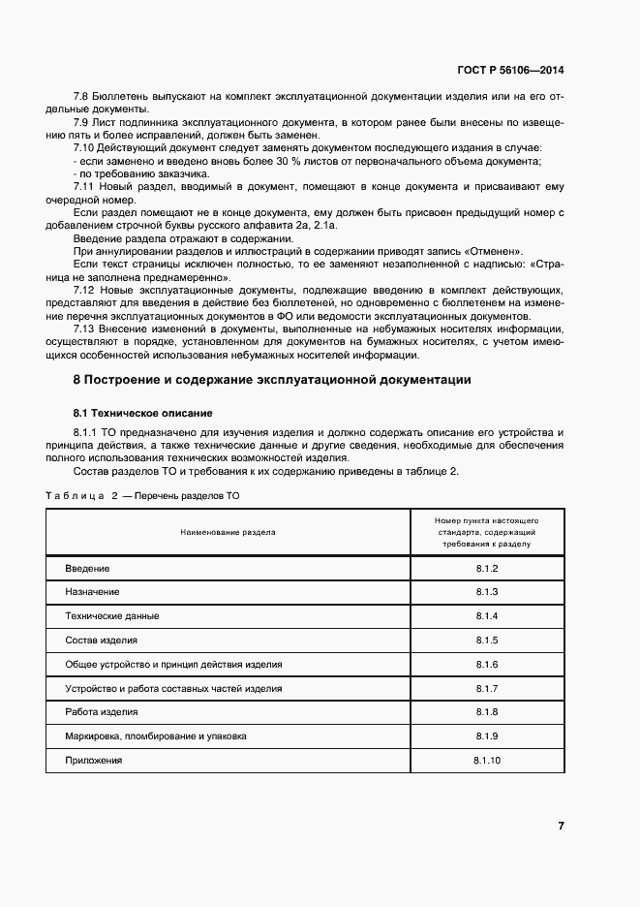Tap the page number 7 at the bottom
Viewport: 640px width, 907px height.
pos(561,826)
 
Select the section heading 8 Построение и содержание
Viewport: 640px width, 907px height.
pos(273,380)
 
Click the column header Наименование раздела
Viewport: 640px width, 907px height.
pos(227,532)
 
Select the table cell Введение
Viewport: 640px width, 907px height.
pos(87,568)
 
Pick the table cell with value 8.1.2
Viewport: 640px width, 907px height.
pos(486,568)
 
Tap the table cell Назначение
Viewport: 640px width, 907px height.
pos(92,592)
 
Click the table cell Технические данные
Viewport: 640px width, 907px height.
pos(111,616)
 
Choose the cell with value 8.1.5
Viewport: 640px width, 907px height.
pos(486,641)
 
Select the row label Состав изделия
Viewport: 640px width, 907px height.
pos(101,641)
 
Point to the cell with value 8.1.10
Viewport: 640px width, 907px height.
pos(486,761)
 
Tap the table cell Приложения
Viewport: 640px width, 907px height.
pos(94,761)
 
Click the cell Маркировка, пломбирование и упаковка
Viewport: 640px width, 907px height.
pos(155,736)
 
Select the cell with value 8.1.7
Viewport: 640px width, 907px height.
pos(486,689)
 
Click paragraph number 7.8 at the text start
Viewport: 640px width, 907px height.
pos(81,97)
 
